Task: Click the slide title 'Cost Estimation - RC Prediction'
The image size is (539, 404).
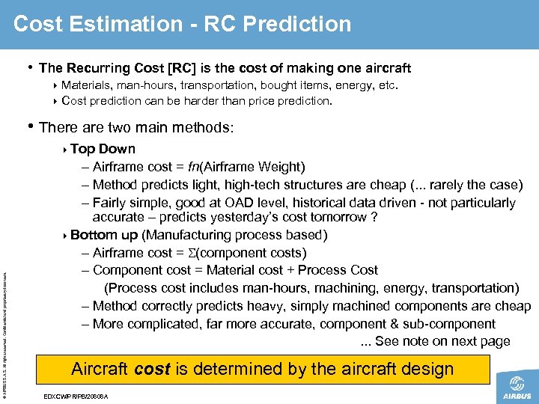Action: (182, 24)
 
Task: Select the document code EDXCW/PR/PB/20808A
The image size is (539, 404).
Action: (76, 396)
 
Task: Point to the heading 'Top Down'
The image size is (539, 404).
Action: (103, 149)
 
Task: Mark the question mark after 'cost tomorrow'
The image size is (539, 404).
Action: (372, 218)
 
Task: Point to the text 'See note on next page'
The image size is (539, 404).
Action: (442, 342)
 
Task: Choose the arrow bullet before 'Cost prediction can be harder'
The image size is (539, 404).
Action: (57, 101)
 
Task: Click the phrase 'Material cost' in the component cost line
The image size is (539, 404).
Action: (244, 270)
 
